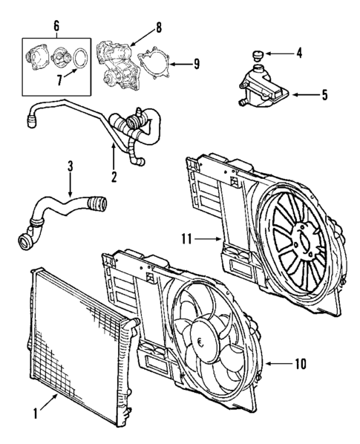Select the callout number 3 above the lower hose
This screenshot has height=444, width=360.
point(69,168)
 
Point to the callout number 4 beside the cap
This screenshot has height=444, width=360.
point(299,53)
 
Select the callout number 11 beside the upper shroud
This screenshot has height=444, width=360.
point(187,238)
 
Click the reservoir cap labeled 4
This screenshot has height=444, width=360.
point(257,53)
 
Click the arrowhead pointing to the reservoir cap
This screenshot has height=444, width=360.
point(269,53)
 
